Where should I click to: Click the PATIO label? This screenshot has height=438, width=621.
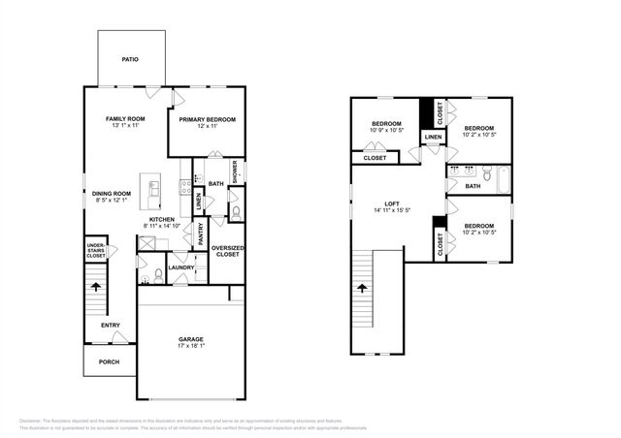(x=130, y=60)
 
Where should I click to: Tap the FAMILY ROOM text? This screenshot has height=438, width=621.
(x=124, y=118)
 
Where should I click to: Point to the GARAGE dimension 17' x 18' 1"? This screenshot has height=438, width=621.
(x=190, y=347)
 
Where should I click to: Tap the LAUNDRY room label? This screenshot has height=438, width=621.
(x=181, y=267)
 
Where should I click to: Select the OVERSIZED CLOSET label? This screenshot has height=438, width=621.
(x=227, y=250)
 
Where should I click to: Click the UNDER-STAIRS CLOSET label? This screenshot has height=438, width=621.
(x=95, y=251)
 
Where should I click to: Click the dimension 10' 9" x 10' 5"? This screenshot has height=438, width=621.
(x=387, y=131)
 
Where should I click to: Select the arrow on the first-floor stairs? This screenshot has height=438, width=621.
(x=95, y=286)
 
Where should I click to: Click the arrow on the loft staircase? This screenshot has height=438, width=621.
(x=362, y=288)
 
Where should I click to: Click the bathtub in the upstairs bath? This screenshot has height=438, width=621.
(x=502, y=180)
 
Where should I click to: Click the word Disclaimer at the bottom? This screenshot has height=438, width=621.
(x=35, y=421)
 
